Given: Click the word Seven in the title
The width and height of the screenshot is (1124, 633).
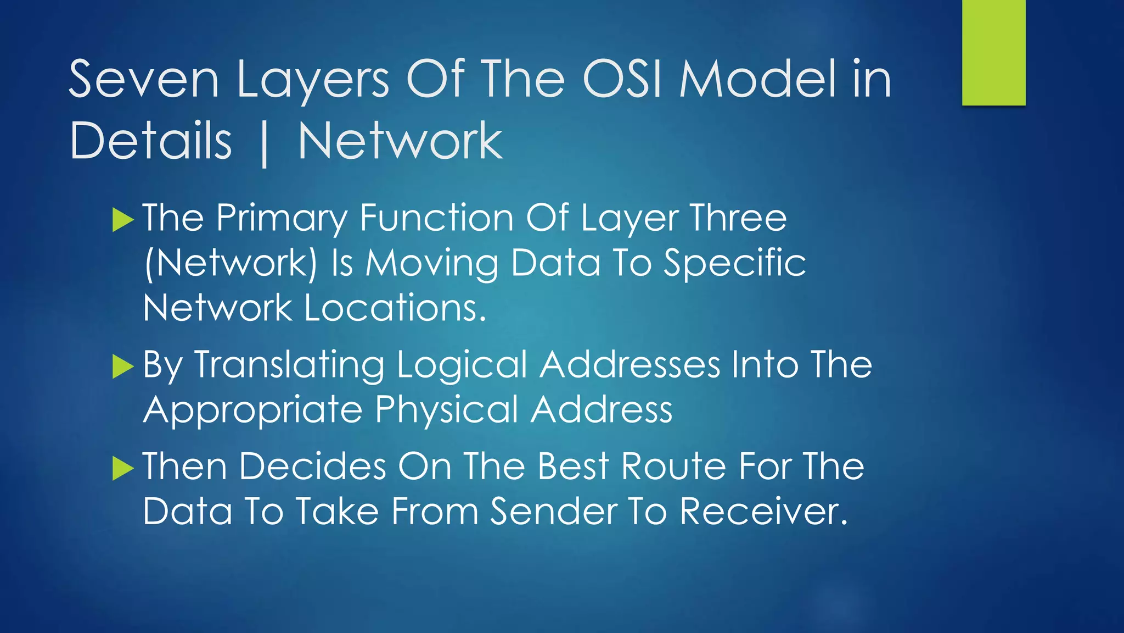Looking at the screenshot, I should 144,80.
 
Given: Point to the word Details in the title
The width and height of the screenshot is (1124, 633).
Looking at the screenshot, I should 151,141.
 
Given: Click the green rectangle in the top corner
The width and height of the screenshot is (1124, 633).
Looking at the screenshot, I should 993,52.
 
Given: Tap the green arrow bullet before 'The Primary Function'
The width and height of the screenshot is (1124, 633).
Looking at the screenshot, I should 123,220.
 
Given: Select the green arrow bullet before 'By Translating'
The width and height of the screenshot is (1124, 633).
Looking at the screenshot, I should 123,367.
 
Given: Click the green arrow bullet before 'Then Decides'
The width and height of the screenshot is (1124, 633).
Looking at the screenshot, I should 123,468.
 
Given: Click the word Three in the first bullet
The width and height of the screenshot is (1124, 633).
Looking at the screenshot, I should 739,218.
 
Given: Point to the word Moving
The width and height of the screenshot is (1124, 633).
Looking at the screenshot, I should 432,263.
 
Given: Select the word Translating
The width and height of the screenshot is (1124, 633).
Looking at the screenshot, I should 289,365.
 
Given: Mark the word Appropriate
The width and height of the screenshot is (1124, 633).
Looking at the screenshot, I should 253,410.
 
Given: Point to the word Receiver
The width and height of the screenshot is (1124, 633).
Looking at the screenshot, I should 764,512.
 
